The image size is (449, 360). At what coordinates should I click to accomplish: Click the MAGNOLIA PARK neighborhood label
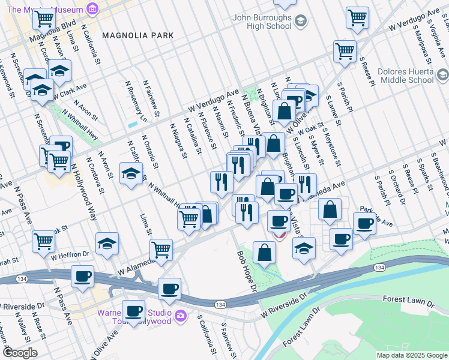point(137,35)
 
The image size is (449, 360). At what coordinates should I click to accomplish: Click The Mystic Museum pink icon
point(92,8)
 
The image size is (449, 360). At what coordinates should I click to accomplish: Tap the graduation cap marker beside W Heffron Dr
point(107,244)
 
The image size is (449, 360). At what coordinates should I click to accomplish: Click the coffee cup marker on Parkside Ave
point(364,223)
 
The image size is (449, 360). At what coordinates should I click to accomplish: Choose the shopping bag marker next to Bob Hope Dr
point(264,252)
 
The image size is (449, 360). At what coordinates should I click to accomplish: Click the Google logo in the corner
point(20,352)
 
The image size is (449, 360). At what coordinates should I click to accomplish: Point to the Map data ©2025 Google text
point(411,355)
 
